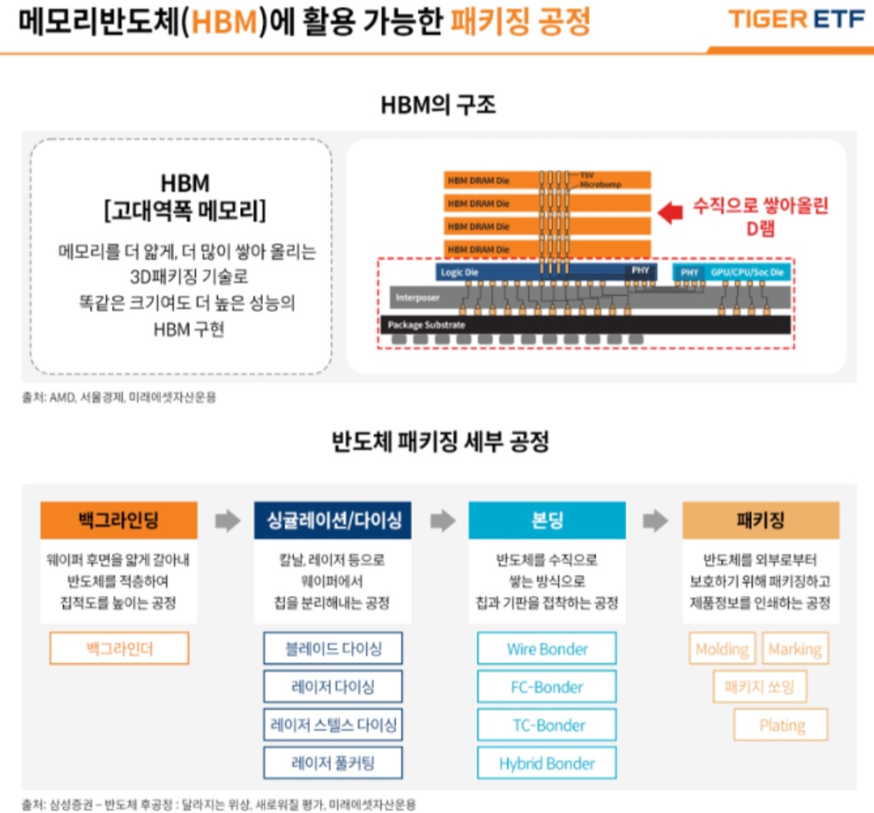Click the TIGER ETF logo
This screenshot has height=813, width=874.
(797, 19)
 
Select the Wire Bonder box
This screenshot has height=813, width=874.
(547, 649)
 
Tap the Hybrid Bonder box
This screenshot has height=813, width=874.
(547, 764)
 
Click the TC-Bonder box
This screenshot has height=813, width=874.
(547, 726)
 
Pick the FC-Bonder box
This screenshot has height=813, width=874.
(547, 688)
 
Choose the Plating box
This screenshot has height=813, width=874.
(781, 725)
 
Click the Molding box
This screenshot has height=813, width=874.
(722, 649)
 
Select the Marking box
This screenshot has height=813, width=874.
(795, 649)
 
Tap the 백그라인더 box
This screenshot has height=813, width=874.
(119, 649)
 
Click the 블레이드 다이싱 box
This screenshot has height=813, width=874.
(333, 649)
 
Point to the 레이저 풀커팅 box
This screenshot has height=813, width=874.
(333, 763)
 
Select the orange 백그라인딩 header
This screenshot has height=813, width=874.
(119, 520)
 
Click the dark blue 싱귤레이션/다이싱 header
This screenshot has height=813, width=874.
(333, 520)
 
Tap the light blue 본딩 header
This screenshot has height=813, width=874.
(547, 520)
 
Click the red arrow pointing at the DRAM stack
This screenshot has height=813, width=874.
(671, 214)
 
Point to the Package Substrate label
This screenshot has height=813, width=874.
(426, 324)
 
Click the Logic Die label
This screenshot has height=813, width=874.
(460, 273)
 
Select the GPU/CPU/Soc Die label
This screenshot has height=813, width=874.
(747, 273)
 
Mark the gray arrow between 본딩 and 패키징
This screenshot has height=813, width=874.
(655, 521)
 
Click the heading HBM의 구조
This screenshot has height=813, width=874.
(438, 105)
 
